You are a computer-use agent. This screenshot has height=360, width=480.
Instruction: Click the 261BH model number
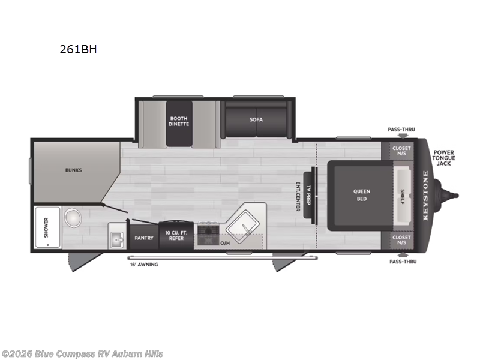pos(78,50)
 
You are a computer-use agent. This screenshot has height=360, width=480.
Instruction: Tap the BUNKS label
pos(73,170)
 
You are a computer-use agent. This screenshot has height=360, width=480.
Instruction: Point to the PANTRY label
pos(143,238)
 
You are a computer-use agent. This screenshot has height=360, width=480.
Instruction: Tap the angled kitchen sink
pos(245,223)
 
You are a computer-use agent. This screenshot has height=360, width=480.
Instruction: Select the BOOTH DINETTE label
pos(179,121)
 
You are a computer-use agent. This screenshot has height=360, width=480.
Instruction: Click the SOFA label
pos(256,119)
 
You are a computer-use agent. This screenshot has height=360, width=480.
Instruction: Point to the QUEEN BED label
pos(362,195)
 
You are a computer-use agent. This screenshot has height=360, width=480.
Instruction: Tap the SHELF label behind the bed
pos(403,196)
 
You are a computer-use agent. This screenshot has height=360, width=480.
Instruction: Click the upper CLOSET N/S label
pos(401,151)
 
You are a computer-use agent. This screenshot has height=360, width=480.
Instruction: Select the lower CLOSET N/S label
pos(401,240)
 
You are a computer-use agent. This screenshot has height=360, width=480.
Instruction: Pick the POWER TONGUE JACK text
pos(445,157)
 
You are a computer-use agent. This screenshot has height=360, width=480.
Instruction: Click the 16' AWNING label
pos(143,265)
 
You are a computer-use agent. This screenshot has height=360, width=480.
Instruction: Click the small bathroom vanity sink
pos(116,239)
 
